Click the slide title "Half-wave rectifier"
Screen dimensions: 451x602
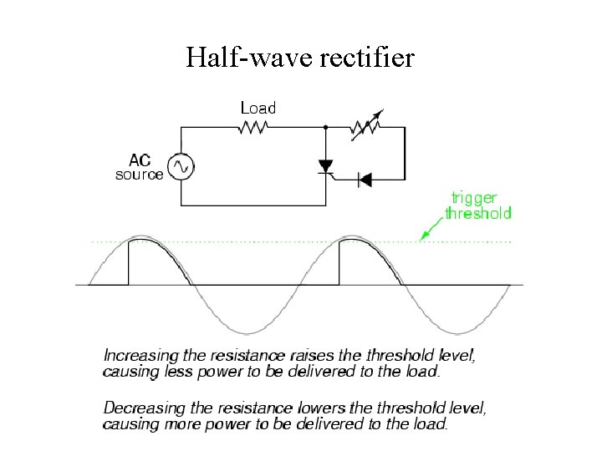[300, 57]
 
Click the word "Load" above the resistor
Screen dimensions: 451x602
[258, 108]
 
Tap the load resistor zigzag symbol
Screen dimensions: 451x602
[253, 128]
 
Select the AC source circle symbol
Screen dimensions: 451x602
[180, 166]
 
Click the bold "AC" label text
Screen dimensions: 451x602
[140, 160]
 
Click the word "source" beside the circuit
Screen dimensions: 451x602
[140, 175]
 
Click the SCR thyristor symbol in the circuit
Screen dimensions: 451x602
[325, 167]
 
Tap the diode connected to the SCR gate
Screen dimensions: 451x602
[365, 178]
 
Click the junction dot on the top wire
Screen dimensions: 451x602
[325, 128]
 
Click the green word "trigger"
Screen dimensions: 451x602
[474, 198]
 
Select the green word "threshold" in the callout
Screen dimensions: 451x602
[477, 213]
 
